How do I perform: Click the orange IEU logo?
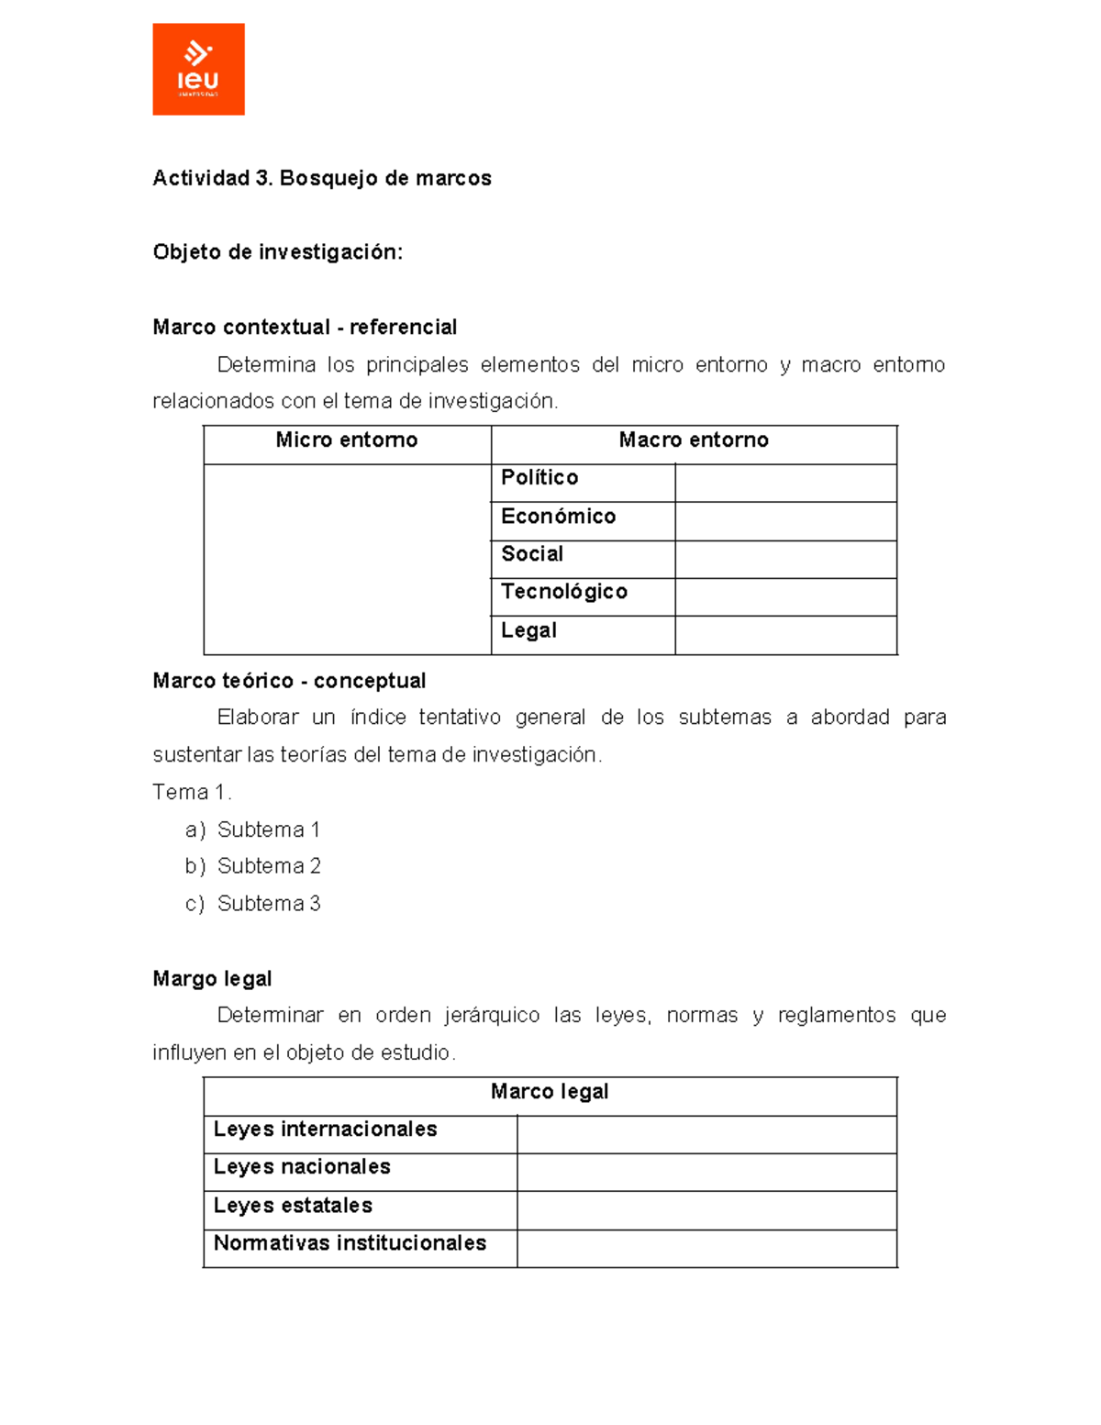coord(198,69)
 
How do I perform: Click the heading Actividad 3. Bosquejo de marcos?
coord(321,178)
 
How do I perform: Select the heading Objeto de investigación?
coord(277,252)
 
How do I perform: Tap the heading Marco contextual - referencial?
coord(305,328)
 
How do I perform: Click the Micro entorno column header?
coord(347,440)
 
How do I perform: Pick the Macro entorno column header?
coord(694,440)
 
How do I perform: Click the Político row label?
coord(539,478)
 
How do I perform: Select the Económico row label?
coord(558,517)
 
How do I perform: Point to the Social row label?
coord(532,554)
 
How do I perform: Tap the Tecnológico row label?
coord(564,592)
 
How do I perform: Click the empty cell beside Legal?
coord(785,635)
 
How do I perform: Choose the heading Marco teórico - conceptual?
coord(289,681)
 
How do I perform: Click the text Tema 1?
coord(192,792)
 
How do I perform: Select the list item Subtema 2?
coord(269,866)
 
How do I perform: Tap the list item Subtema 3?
coord(269,904)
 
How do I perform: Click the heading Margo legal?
coord(212,979)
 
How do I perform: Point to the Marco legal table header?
coord(550,1092)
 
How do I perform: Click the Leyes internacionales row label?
coord(325,1130)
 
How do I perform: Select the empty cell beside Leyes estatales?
coord(706,1210)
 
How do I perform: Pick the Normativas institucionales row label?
coord(350,1243)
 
